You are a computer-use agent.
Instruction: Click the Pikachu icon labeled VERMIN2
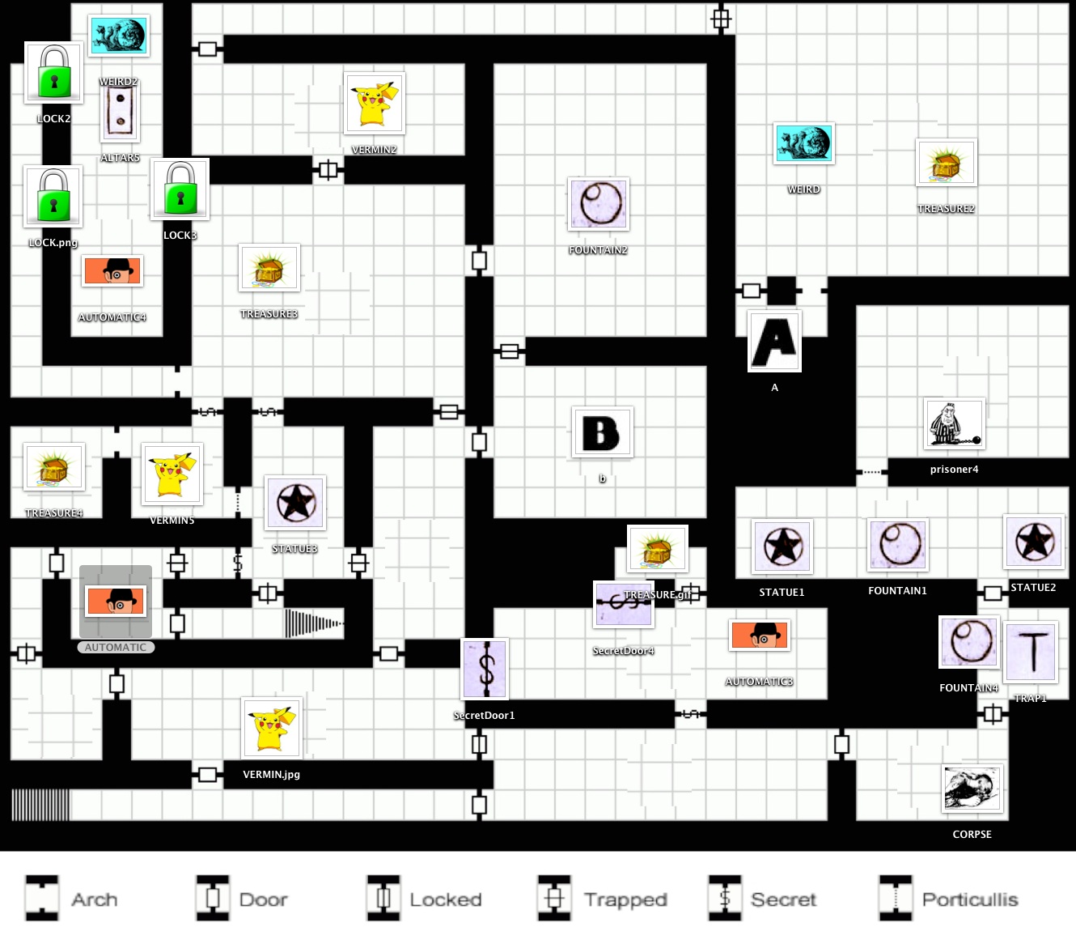tap(375, 104)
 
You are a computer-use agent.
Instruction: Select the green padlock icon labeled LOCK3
tap(180, 189)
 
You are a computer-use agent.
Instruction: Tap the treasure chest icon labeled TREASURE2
tap(946, 163)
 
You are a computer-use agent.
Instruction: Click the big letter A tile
tap(774, 341)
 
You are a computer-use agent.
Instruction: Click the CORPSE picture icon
tap(972, 789)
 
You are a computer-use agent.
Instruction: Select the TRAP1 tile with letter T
tap(1031, 652)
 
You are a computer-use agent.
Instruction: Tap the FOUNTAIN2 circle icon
tap(599, 204)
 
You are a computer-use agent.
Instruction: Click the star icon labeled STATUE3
tap(295, 503)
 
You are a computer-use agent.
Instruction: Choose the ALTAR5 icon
tap(121, 113)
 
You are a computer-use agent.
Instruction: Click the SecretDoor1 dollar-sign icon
tap(485, 669)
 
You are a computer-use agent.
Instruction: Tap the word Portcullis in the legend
tap(970, 899)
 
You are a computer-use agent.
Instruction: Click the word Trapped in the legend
tap(625, 899)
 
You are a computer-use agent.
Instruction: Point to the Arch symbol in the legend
tap(42, 899)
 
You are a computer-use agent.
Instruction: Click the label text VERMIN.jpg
tap(272, 775)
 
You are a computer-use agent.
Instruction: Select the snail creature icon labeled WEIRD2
tap(119, 36)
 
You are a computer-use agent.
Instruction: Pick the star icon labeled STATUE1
tap(782, 546)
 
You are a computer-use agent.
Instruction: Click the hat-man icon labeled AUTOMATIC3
tap(760, 636)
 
